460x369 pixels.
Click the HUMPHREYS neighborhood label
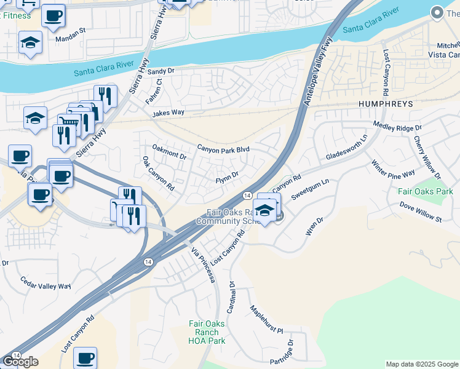(x=386, y=105)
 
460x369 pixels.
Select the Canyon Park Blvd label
(x=223, y=149)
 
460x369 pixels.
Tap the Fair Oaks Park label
(x=425, y=191)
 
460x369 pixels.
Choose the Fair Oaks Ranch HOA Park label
(x=207, y=332)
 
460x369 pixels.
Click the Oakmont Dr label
(x=169, y=152)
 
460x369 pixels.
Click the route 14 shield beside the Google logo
(x=15, y=355)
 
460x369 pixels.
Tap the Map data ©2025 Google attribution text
(x=421, y=364)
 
